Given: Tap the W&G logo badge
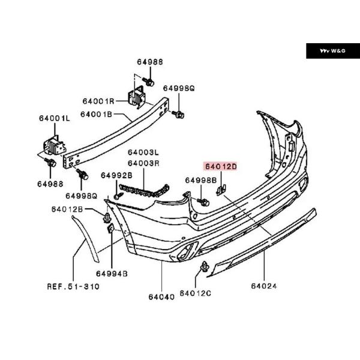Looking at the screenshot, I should [x=331, y=51].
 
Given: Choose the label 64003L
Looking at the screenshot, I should [x=143, y=152].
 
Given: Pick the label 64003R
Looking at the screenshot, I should [x=143, y=162].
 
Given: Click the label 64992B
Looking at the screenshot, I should [x=116, y=175].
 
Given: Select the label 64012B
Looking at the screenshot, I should [x=67, y=209].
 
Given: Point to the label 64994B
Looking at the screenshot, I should [x=113, y=274].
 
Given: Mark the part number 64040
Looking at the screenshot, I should [x=162, y=296].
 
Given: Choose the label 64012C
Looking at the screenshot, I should [x=196, y=294].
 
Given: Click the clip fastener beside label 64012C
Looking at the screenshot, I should [x=206, y=269].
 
